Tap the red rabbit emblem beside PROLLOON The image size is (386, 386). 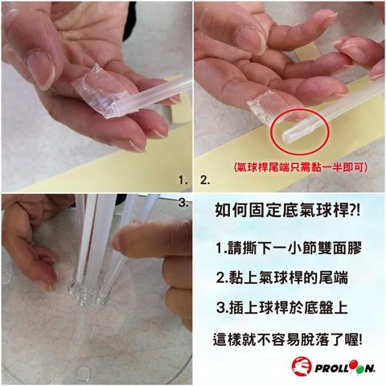[302, 366]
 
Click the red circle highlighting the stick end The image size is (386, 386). [300, 131]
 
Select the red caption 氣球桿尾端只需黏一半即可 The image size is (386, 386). [300, 167]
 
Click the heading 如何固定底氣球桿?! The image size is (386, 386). [287, 210]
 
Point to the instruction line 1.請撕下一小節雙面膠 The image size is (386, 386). [289, 248]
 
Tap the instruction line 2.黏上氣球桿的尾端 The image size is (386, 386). [282, 277]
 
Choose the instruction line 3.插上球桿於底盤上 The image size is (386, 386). [282, 307]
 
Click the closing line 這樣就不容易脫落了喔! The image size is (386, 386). [288, 339]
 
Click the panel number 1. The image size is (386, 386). [183, 180]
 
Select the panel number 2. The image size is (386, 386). [205, 180]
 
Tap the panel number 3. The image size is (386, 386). [183, 203]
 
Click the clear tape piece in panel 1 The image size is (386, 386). [100, 91]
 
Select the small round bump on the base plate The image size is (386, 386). [83, 372]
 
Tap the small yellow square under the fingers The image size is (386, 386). [307, 52]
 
